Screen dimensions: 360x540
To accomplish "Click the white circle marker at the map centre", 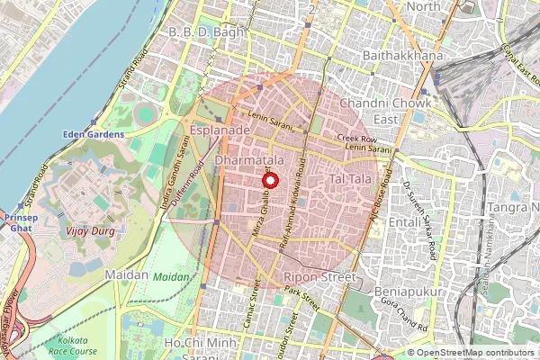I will tap(270, 180).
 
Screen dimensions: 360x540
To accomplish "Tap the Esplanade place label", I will tap(220, 130).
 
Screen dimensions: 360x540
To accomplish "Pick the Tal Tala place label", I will tap(352, 182).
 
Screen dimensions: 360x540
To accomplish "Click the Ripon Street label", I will tap(319, 277).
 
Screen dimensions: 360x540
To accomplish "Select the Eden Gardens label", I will tap(93, 135).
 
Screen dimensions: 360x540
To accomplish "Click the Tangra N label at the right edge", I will tap(512, 208).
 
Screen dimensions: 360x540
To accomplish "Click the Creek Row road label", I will tap(355, 138).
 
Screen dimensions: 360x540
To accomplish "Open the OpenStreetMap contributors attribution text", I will tap(469, 353).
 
